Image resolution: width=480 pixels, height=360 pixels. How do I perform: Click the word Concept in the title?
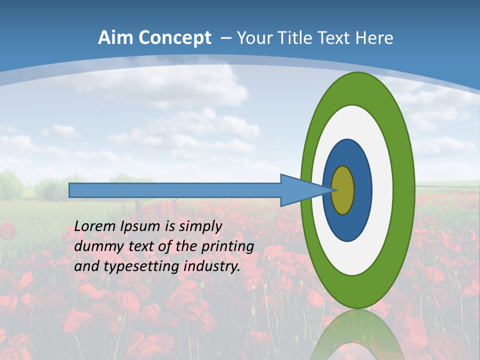point(175,38)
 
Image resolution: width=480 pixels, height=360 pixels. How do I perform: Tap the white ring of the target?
point(382,190)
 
